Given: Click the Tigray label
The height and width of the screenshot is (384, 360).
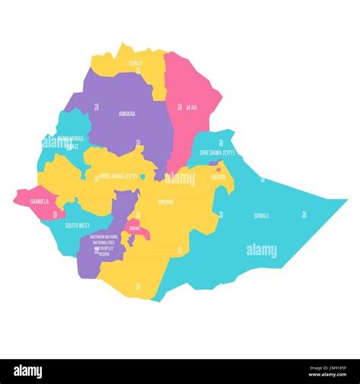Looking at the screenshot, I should coord(135,64).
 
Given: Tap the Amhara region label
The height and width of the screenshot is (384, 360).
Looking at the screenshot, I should coord(127,114).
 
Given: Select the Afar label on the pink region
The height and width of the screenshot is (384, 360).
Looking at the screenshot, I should coord(191,108).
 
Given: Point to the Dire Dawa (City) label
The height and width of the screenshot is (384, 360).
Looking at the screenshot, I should coord(217,153).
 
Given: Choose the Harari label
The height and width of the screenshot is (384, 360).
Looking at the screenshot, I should coord(218,176).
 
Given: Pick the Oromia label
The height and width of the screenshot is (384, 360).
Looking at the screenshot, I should coord(166,202).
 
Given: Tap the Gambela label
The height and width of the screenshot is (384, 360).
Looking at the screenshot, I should coord(39,202).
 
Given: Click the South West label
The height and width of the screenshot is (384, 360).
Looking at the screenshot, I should coord(77,225).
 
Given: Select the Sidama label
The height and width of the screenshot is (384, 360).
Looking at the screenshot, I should coord(134,228).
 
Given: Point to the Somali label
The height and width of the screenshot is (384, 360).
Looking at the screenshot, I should coord(261,216).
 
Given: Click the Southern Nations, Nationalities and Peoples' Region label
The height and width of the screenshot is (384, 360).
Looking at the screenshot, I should coord(103,246).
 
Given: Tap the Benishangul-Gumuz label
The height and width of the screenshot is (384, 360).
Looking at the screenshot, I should coord(65,143).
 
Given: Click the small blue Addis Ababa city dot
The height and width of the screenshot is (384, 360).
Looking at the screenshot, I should coord(142,177).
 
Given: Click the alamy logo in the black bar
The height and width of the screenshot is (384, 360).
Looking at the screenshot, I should coord(28,372).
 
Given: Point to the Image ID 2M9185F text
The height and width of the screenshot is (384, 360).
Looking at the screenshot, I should coord(327,368).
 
